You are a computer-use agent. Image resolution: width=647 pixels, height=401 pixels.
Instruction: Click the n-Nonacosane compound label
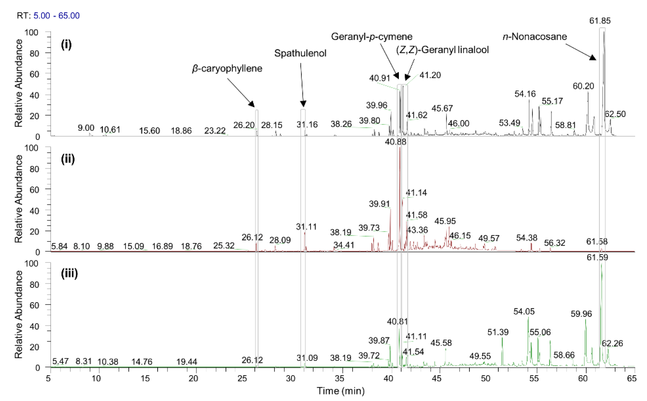[534, 37]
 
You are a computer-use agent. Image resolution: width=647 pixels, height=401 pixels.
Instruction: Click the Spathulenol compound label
[300, 53]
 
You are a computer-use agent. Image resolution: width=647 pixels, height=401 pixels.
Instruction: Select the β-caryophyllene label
[227, 69]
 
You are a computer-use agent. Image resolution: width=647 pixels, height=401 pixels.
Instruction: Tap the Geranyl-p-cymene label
[372, 37]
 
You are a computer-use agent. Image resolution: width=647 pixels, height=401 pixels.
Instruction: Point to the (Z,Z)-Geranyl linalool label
[442, 50]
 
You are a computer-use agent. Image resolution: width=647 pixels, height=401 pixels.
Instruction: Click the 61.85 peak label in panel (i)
[600, 21]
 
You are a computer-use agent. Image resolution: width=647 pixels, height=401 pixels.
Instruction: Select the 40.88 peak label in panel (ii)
[395, 142]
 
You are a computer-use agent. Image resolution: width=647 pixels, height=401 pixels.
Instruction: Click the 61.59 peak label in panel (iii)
[597, 257]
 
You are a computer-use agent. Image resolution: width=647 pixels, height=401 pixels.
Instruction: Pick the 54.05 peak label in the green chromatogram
[524, 312]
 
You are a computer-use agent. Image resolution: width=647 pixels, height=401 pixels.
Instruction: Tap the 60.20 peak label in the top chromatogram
[583, 86]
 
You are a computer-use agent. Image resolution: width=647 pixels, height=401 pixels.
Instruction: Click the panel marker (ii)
[68, 159]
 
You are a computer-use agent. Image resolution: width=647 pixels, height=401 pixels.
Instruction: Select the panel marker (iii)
[69, 274]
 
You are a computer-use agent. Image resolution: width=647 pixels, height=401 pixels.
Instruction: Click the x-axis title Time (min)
[341, 391]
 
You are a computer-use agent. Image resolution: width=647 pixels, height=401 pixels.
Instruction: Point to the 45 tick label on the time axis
[437, 378]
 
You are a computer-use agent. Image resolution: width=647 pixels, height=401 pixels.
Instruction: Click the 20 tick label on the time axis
[193, 378]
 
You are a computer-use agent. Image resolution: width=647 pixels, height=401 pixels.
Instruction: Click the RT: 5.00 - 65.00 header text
[48, 16]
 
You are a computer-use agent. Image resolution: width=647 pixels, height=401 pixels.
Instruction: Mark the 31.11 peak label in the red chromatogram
[306, 227]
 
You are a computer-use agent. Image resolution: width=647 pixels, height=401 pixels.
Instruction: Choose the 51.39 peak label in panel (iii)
[498, 332]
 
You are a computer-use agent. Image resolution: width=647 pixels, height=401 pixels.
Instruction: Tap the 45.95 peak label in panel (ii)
[445, 221]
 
